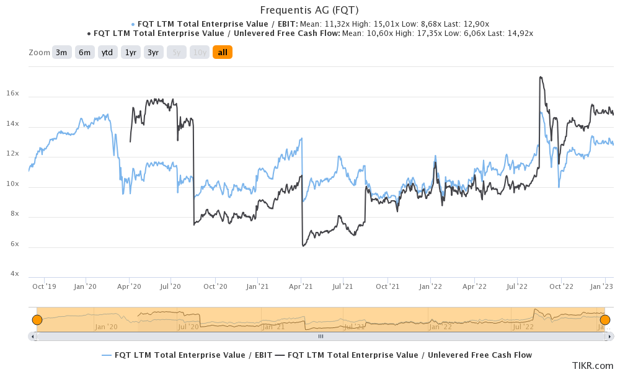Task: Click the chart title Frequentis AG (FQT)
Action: [309, 10]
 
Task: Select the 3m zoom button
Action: [61, 53]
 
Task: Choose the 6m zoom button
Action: [84, 53]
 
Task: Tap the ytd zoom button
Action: [107, 53]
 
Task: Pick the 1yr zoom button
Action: [131, 53]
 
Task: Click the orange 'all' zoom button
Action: [222, 53]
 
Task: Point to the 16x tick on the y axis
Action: [13, 94]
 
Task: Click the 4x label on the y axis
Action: [13, 274]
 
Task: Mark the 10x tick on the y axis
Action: [13, 184]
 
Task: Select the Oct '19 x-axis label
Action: [44, 286]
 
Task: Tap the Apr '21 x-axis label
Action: [301, 286]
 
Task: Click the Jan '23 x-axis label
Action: [601, 286]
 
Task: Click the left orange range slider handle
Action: [37, 320]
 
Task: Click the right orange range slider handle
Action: [605, 320]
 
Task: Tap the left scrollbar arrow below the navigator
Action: [32, 336]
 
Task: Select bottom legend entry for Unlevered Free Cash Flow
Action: [404, 355]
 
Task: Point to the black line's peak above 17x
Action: [541, 77]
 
